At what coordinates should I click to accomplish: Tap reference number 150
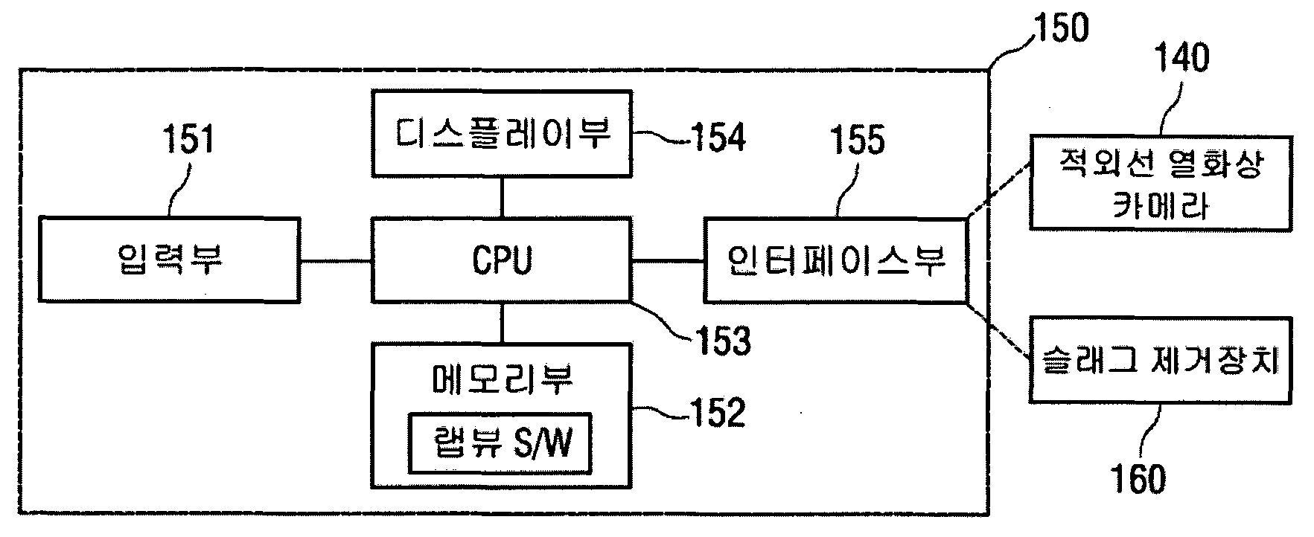(1059, 28)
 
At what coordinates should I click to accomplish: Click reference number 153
(723, 341)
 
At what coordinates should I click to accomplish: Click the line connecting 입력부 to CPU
(336, 260)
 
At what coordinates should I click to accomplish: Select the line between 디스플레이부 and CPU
(502, 197)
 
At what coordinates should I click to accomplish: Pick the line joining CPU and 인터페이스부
(668, 260)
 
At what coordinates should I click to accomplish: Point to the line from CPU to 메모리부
(502, 323)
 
